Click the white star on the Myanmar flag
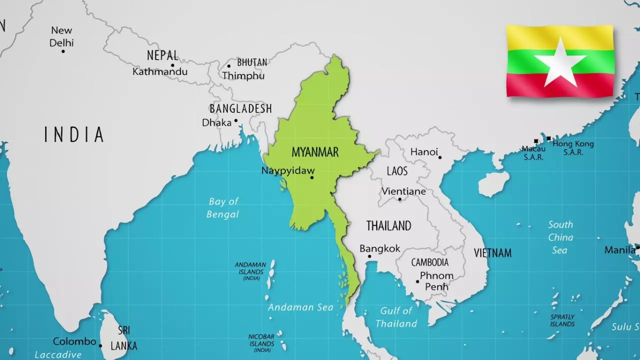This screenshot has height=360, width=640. [x=560, y=62]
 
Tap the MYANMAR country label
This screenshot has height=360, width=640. [x=315, y=152]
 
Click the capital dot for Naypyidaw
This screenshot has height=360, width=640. [x=312, y=177]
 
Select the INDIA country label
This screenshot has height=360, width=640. [x=74, y=135]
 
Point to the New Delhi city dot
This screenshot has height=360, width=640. [x=63, y=51]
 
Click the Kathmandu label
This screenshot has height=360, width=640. [x=160, y=72]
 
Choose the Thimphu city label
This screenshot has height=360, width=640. [x=243, y=76]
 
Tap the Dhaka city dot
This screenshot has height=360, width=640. [x=236, y=120]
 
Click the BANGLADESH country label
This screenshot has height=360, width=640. [x=240, y=108]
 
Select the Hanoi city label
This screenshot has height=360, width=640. [x=423, y=151]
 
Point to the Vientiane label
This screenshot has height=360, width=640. [x=404, y=191]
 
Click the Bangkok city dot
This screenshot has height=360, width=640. [x=369, y=256]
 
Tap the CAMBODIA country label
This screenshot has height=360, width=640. [x=430, y=262]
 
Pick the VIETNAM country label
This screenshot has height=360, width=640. [x=492, y=253]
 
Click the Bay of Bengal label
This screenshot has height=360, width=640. [x=223, y=207]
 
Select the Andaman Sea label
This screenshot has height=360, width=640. [x=300, y=307]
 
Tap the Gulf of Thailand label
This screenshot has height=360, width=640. [x=396, y=317]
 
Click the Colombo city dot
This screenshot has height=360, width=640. [x=100, y=345]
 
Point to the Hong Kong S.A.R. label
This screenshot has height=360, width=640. [x=573, y=147]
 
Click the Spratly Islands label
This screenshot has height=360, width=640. [x=562, y=320]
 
